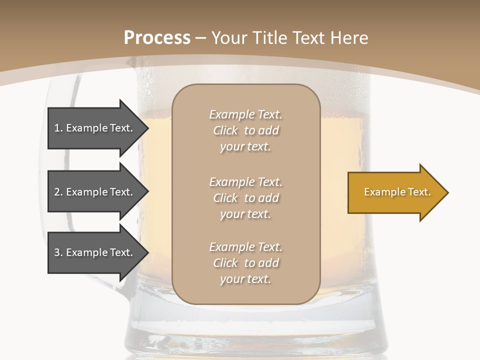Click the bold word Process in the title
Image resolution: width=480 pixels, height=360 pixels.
(x=157, y=38)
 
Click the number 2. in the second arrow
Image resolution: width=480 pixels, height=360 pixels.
(x=58, y=192)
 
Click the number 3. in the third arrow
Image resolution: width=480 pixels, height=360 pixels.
(x=58, y=252)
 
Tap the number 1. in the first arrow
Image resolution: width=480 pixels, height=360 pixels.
(x=58, y=128)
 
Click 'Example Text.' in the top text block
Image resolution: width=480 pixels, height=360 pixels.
(x=245, y=114)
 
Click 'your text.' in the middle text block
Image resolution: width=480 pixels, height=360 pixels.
(x=245, y=214)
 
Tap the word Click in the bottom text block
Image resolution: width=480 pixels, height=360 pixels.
(x=225, y=263)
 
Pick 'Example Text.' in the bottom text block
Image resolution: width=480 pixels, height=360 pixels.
(x=245, y=247)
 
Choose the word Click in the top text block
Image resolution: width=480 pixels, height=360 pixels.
(x=225, y=130)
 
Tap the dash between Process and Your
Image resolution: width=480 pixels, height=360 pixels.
(x=201, y=38)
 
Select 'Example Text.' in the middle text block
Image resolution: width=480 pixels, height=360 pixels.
(x=245, y=182)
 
